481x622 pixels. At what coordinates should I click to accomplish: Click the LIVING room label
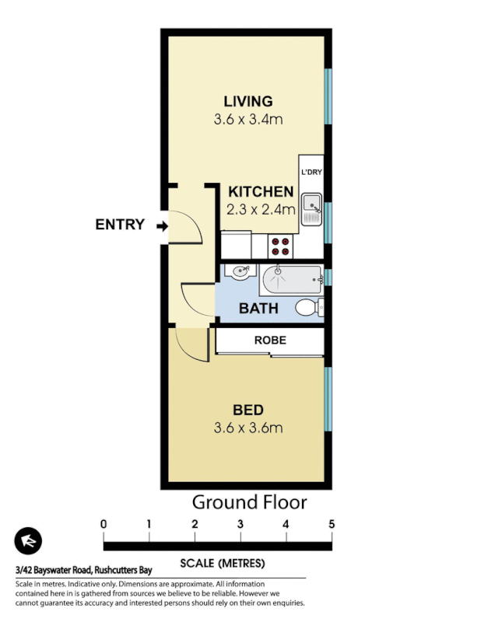pyautogui.click(x=248, y=101)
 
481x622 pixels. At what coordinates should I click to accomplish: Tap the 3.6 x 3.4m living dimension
pyautogui.click(x=248, y=120)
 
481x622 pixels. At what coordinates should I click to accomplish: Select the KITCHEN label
pyautogui.click(x=261, y=191)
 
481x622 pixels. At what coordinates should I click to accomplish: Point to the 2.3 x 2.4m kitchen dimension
pyautogui.click(x=261, y=209)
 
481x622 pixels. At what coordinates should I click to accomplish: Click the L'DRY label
pyautogui.click(x=311, y=172)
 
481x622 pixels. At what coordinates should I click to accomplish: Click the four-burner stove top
pyautogui.click(x=280, y=246)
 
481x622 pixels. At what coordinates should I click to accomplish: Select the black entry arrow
pyautogui.click(x=161, y=225)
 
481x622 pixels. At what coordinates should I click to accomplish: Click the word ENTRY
pyautogui.click(x=120, y=225)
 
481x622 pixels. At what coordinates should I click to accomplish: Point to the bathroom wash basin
pyautogui.click(x=240, y=272)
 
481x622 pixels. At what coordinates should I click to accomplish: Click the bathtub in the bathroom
pyautogui.click(x=291, y=278)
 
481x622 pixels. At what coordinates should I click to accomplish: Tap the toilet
pyautogui.click(x=309, y=308)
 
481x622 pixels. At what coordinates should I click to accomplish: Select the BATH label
pyautogui.click(x=258, y=309)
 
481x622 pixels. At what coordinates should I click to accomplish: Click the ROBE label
pyautogui.click(x=270, y=341)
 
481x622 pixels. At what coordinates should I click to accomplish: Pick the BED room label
pyautogui.click(x=248, y=410)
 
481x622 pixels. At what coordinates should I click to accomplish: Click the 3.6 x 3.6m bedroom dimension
pyautogui.click(x=248, y=428)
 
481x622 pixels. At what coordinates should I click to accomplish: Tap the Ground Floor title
pyautogui.click(x=249, y=502)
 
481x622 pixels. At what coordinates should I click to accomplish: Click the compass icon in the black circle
pyautogui.click(x=28, y=541)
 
